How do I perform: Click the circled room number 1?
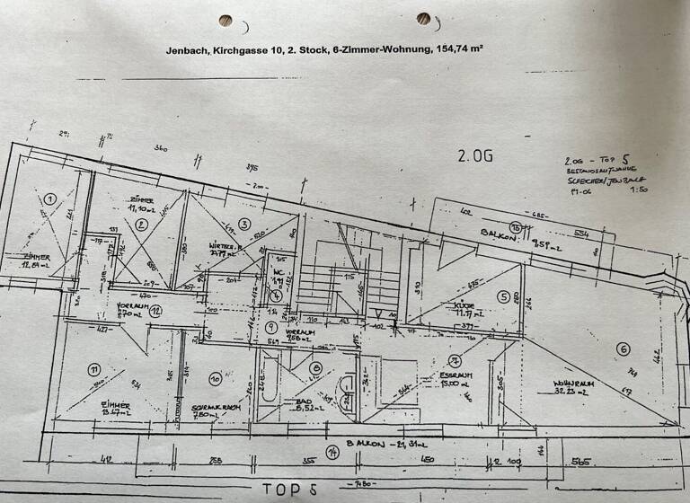click(50, 199)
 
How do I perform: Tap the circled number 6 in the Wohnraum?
click(622, 349)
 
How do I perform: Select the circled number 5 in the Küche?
click(505, 297)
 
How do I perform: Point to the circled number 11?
click(93, 369)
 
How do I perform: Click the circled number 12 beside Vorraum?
click(155, 312)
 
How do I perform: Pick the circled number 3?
click(243, 224)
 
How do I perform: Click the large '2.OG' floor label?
click(476, 155)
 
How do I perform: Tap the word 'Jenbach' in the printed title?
click(185, 51)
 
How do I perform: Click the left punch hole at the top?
click(226, 22)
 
